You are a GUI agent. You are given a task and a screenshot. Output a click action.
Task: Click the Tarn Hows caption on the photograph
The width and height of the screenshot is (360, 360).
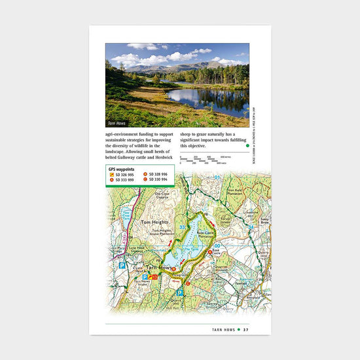117,123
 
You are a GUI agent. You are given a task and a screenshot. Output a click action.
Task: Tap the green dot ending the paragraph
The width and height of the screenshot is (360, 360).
247,146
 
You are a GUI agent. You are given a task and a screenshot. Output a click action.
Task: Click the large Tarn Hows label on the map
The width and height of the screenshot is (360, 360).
160,268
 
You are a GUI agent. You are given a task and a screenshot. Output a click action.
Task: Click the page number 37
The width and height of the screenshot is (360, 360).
245,329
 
